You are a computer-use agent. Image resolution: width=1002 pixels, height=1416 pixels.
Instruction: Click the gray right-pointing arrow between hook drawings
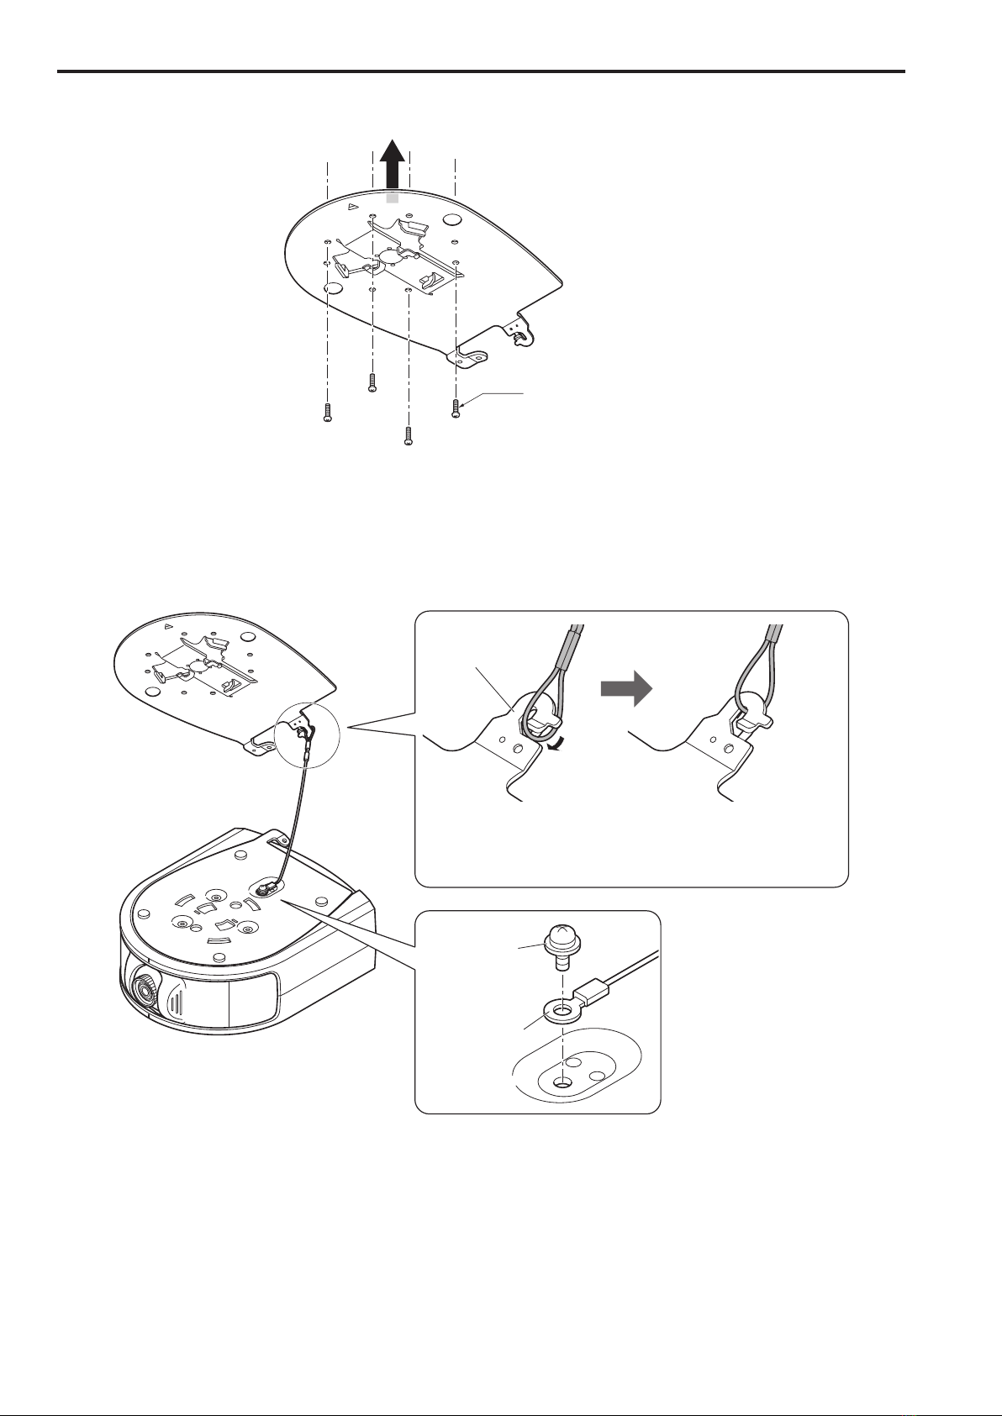tap(625, 692)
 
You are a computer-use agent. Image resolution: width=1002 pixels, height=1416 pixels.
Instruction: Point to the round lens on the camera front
tap(145, 992)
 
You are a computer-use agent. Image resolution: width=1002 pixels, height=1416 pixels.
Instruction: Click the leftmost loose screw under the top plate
tap(327, 413)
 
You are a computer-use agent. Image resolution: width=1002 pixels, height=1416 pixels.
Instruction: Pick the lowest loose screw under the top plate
tap(408, 436)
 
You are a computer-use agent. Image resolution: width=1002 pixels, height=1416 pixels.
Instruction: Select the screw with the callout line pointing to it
tap(456, 408)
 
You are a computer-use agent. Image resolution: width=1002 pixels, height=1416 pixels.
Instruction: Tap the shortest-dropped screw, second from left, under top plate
tap(372, 383)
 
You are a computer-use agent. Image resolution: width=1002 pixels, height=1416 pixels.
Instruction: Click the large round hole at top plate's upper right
tap(451, 220)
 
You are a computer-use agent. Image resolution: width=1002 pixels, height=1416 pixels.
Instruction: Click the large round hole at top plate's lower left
tap(333, 288)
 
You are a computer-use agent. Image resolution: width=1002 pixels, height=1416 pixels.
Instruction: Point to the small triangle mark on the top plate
tap(354, 204)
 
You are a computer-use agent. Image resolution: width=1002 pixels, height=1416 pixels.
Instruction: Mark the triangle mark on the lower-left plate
tap(168, 627)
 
